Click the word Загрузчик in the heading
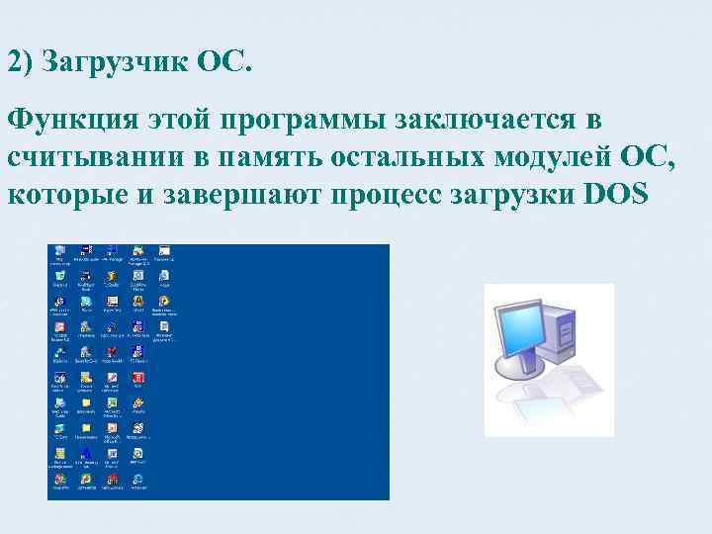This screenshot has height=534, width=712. point(114,63)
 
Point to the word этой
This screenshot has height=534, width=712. point(175,122)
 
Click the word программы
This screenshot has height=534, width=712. point(305,124)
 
